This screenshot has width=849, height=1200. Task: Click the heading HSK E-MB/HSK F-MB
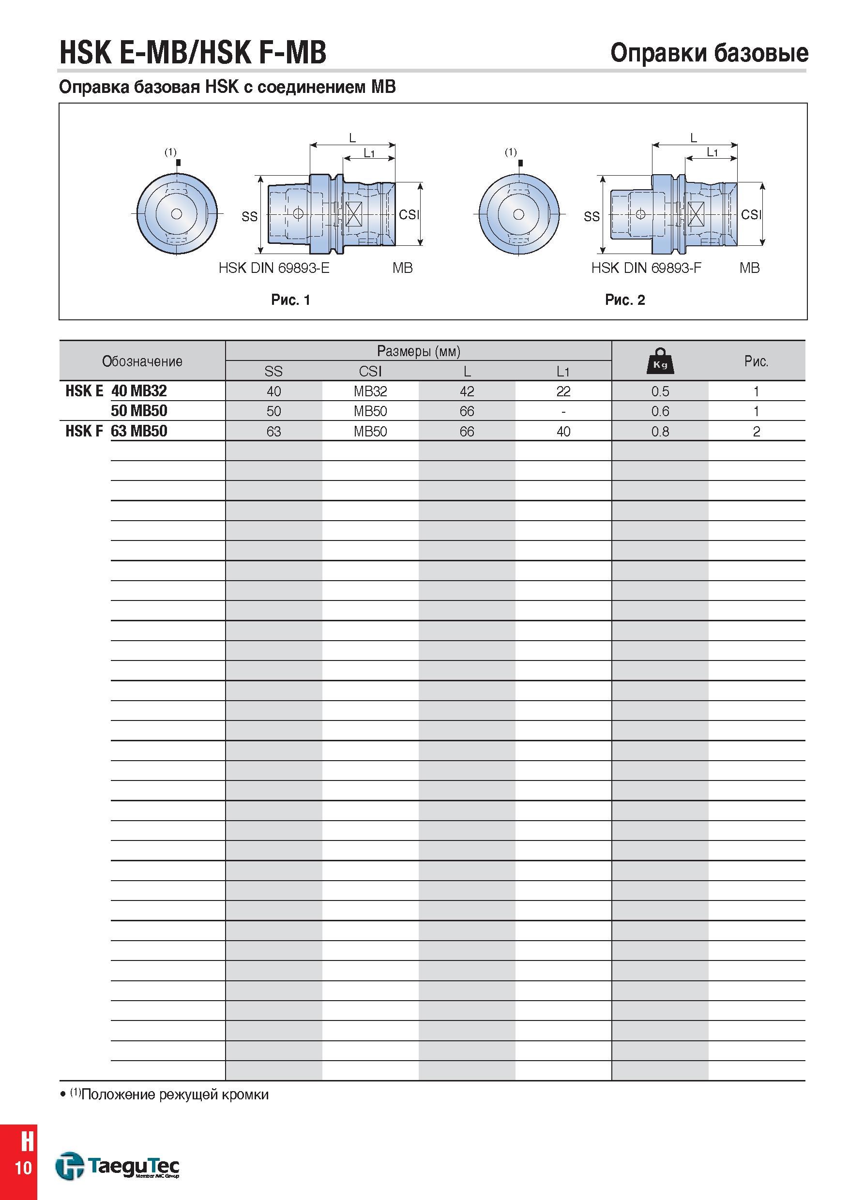tap(193, 52)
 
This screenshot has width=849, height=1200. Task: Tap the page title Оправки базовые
tap(710, 53)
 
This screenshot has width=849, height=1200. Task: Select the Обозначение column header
tap(142, 361)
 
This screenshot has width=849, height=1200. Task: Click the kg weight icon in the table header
tap(660, 360)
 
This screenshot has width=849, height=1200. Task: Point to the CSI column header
tap(370, 371)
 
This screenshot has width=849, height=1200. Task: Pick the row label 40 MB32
tap(139, 390)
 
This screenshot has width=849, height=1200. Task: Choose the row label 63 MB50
tap(139, 431)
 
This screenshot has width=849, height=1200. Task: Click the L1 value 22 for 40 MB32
tap(563, 391)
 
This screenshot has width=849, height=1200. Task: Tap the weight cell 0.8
tap(660, 432)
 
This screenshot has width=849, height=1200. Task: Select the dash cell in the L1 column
tap(563, 411)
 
